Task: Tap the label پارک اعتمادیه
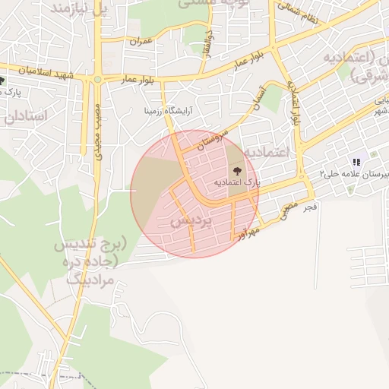(236, 183)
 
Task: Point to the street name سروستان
(212, 133)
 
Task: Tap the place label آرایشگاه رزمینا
(169, 110)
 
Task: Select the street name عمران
(141, 40)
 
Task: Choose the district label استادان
(25, 115)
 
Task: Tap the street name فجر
(309, 206)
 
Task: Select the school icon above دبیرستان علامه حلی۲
(356, 161)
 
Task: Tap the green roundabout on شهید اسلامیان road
(97, 78)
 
